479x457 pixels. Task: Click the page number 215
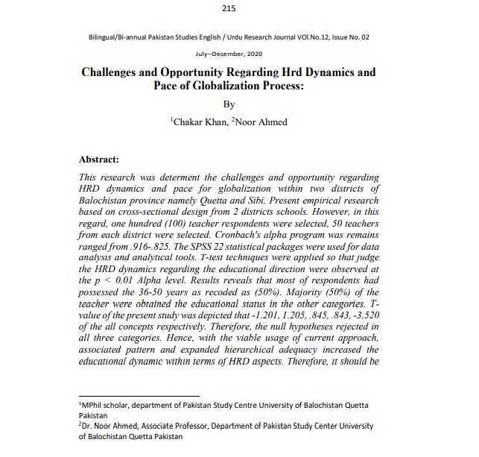pos(229,8)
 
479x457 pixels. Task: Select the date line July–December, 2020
pos(228,54)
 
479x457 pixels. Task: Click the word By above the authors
pos(229,105)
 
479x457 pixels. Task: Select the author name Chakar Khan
pos(197,122)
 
